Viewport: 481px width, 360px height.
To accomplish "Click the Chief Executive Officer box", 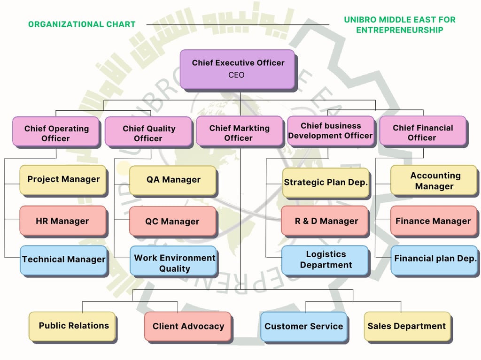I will pos(237,69).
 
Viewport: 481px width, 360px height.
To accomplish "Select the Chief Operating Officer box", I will pos(56,133).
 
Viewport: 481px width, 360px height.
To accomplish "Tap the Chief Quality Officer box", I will pos(148,133).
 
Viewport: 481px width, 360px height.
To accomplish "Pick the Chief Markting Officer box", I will pos(240,132).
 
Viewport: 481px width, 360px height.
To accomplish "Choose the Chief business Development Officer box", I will pos(331,130).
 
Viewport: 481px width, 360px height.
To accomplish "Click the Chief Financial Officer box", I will pos(422,132).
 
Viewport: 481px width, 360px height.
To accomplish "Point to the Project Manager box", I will pos(63,180).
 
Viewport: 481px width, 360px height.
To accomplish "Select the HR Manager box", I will pos(62,221).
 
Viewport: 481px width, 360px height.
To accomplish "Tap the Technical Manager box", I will pos(63,260).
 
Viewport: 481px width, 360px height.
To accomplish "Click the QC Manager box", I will pos(172,221).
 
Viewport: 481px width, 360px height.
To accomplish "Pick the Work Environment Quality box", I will pos(174,263).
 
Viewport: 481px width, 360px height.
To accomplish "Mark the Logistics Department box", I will pos(326,260).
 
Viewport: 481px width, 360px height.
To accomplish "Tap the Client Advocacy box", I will pos(188,326).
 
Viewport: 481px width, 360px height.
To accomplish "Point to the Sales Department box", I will pos(407,326).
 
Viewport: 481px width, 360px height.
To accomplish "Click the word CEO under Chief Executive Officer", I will pos(237,75).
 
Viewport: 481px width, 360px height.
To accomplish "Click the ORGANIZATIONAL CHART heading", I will pos(82,24).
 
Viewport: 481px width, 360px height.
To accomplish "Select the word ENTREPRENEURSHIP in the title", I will pos(399,30).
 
